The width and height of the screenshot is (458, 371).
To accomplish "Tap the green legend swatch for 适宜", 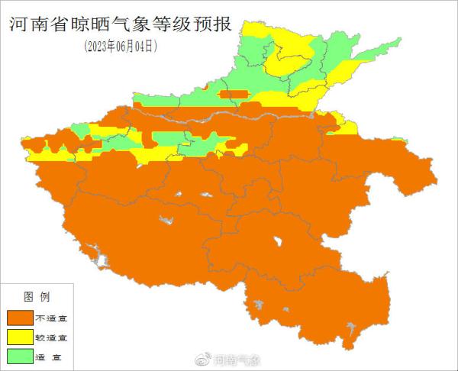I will pyautogui.click(x=21, y=355).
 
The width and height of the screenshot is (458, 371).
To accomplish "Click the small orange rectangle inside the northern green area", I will pyautogui.click(x=234, y=95).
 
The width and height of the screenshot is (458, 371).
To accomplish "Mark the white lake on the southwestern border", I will pyautogui.click(x=92, y=250).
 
